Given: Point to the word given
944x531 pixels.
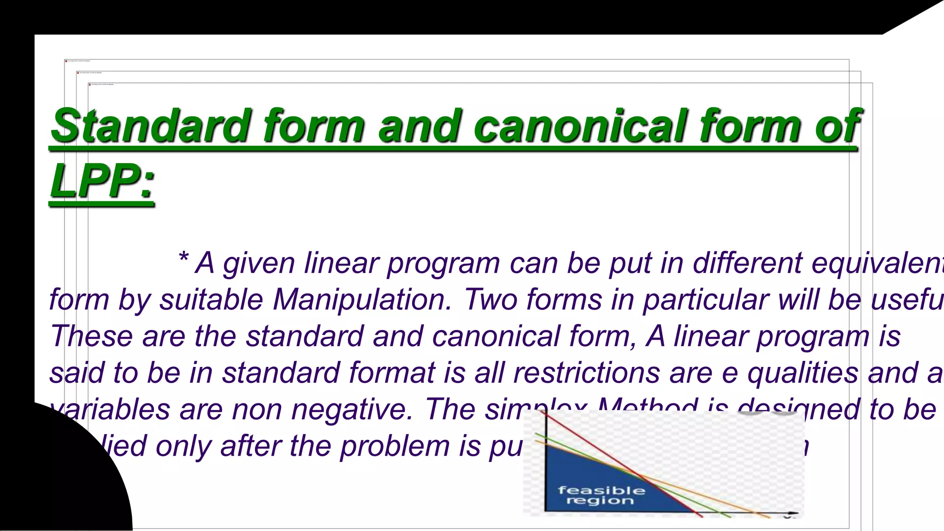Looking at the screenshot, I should pyautogui.click(x=259, y=264).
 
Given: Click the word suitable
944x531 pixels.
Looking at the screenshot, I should pyautogui.click(x=212, y=300).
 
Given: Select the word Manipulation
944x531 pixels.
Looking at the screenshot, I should pyautogui.click(x=362, y=300).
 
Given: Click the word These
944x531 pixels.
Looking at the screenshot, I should pyautogui.click(x=91, y=336).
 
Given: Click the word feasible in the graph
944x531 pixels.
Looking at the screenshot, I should pyautogui.click(x=601, y=490).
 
